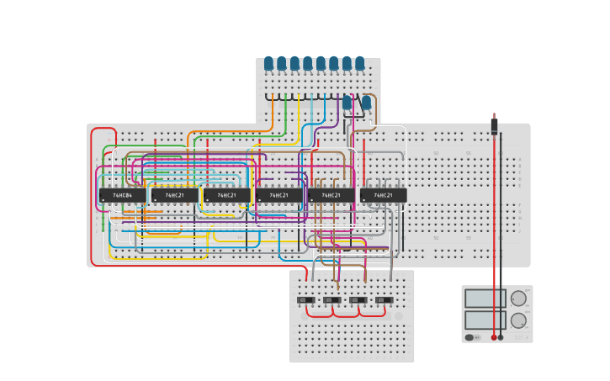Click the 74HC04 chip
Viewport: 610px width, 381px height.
coord(122,195)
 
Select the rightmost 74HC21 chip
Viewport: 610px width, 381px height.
coord(383,195)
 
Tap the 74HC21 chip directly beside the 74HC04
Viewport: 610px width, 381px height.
coord(174,195)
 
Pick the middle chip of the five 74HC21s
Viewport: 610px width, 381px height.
coord(278,195)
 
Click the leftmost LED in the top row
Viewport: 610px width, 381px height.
coord(268,63)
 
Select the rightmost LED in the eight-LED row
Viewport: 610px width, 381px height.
coord(360,63)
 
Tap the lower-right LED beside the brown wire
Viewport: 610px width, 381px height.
coord(366,103)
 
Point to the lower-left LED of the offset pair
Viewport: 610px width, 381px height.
coord(347,103)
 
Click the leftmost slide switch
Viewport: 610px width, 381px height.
coord(305,300)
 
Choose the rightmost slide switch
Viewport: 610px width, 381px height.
coord(384,300)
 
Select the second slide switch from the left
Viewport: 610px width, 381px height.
coord(332,300)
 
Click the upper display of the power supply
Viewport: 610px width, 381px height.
coord(485,299)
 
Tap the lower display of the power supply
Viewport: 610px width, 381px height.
coord(485,320)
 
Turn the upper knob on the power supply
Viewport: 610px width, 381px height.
coord(518,299)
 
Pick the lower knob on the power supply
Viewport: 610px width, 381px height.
coord(518,320)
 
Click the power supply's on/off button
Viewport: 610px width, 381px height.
coord(469,337)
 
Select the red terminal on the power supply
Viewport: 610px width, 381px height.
coord(494,337)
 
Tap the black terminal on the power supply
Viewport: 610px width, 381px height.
coord(501,337)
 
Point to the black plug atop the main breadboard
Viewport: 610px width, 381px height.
coord(494,127)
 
